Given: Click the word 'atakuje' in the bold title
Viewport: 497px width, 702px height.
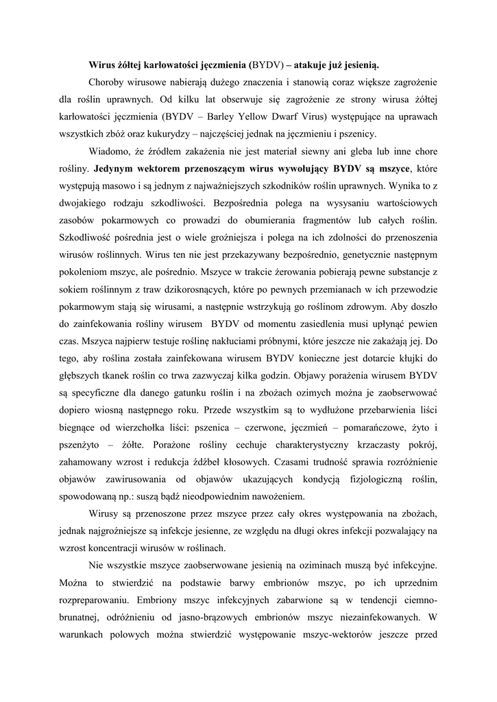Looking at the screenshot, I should coord(315,65).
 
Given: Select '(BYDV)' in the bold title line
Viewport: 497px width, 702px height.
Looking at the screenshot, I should coord(266,65).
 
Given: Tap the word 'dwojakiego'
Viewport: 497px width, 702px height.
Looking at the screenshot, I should coord(80,202).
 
